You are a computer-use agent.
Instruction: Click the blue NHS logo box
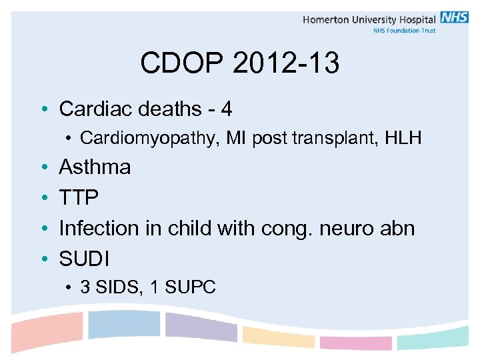pos(454,18)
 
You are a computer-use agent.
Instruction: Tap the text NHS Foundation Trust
pos(405,31)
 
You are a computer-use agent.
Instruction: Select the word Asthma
pos(95,167)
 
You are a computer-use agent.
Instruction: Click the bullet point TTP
pos(79,197)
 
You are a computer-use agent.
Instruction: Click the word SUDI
pos(84,259)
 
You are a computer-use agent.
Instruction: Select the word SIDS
pos(115,287)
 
